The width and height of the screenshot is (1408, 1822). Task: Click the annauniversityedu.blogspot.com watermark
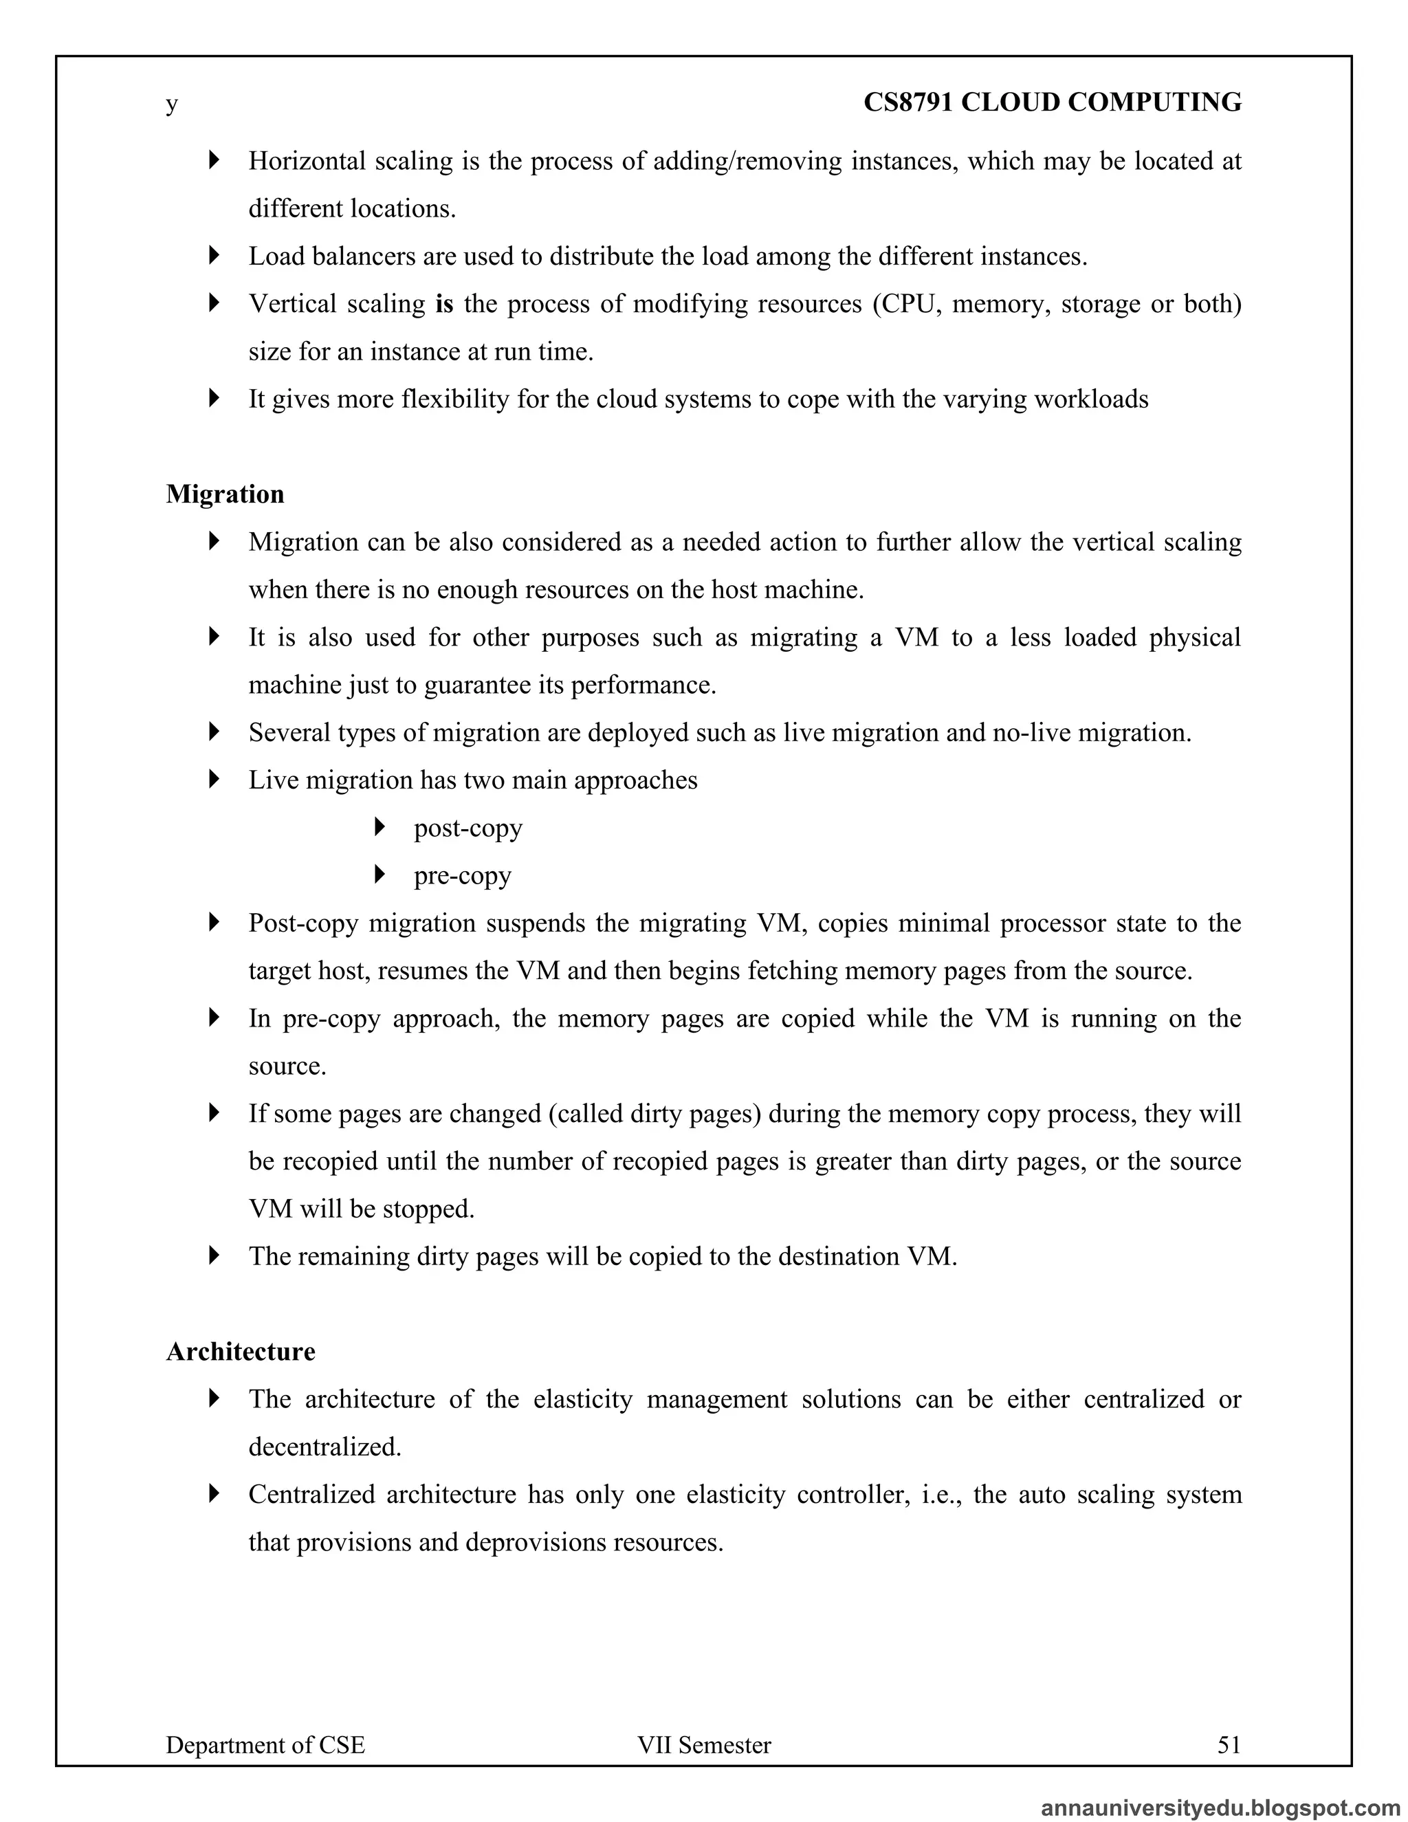(1220, 1807)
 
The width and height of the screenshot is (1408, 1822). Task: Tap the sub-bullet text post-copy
(468, 828)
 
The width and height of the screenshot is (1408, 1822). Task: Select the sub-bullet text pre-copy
(462, 875)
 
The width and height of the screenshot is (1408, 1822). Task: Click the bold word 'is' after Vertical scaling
(445, 304)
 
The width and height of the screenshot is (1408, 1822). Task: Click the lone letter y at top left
(172, 105)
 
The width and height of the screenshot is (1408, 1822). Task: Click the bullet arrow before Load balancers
(214, 255)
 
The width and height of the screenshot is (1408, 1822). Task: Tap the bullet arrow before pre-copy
(380, 875)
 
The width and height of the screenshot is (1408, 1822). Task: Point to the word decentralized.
(324, 1447)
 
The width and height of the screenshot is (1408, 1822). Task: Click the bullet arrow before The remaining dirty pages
(214, 1255)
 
